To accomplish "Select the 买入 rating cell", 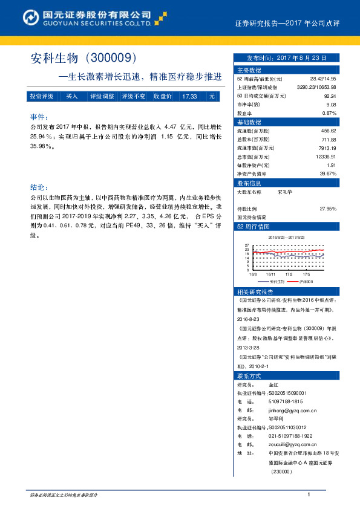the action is (x=72, y=96).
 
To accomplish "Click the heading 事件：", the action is (x=39, y=117).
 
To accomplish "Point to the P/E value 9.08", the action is (x=330, y=104).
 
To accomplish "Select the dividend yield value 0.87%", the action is (x=329, y=113).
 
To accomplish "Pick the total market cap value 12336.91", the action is (x=326, y=156).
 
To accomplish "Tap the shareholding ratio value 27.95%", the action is (x=327, y=208).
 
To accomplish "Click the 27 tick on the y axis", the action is (x=247, y=244).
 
